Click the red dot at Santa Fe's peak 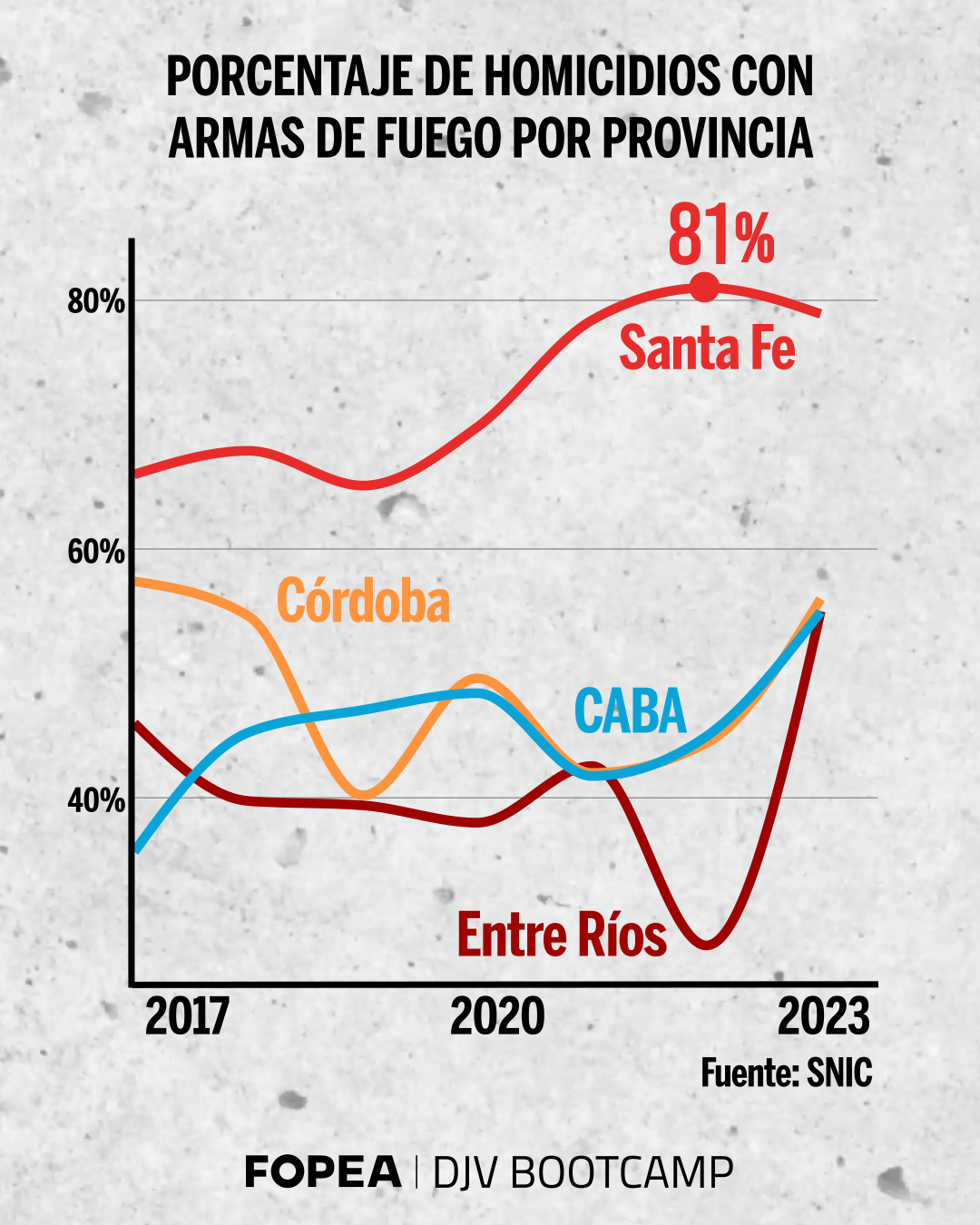[704, 288]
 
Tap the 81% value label [721, 237]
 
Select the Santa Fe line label [707, 348]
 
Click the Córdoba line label [363, 601]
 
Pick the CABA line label [631, 711]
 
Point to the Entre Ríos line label [562, 935]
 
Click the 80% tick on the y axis [96, 301]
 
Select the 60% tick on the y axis [96, 551]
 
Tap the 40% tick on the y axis [96, 800]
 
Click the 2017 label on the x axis [187, 1016]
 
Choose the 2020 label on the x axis [497, 1016]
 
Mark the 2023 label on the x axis [824, 1016]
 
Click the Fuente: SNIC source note [786, 1073]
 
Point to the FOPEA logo [323, 1172]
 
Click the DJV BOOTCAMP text [583, 1172]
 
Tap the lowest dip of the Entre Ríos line [707, 946]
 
